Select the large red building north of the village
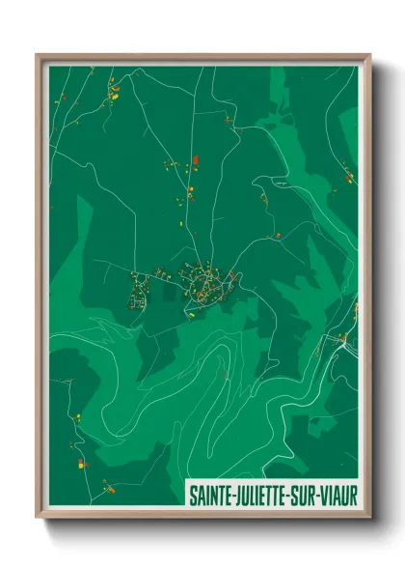(x=195, y=160)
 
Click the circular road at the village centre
(x=204, y=284)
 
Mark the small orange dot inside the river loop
(x=224, y=373)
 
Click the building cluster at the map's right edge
(x=347, y=176)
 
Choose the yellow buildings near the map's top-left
(x=114, y=94)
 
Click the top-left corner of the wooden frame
(x=38, y=55)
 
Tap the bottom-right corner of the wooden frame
(x=369, y=519)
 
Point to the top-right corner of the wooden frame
(x=369, y=55)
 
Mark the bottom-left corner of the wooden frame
(x=38, y=519)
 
